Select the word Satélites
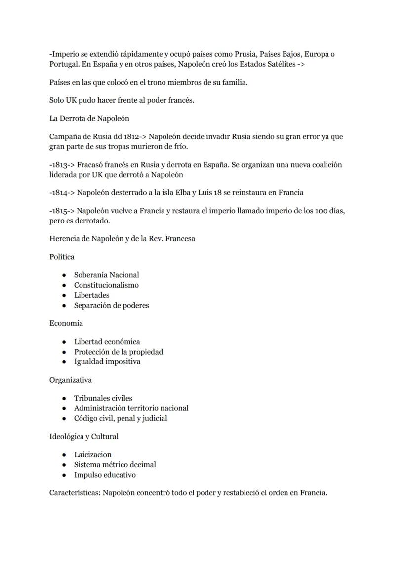pyautogui.click(x=279, y=64)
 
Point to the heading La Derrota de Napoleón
pyautogui.click(x=89, y=119)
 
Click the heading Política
pyautogui.click(x=62, y=257)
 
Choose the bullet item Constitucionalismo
pyautogui.click(x=106, y=285)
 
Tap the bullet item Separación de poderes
pyautogui.click(x=111, y=306)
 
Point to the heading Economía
pyautogui.click(x=66, y=323)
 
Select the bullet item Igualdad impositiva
pyautogui.click(x=107, y=362)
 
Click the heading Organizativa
pyautogui.click(x=70, y=380)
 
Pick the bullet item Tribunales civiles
pyautogui.click(x=103, y=398)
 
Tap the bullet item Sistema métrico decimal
pyautogui.click(x=115, y=465)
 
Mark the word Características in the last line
pyautogui.click(x=75, y=493)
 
